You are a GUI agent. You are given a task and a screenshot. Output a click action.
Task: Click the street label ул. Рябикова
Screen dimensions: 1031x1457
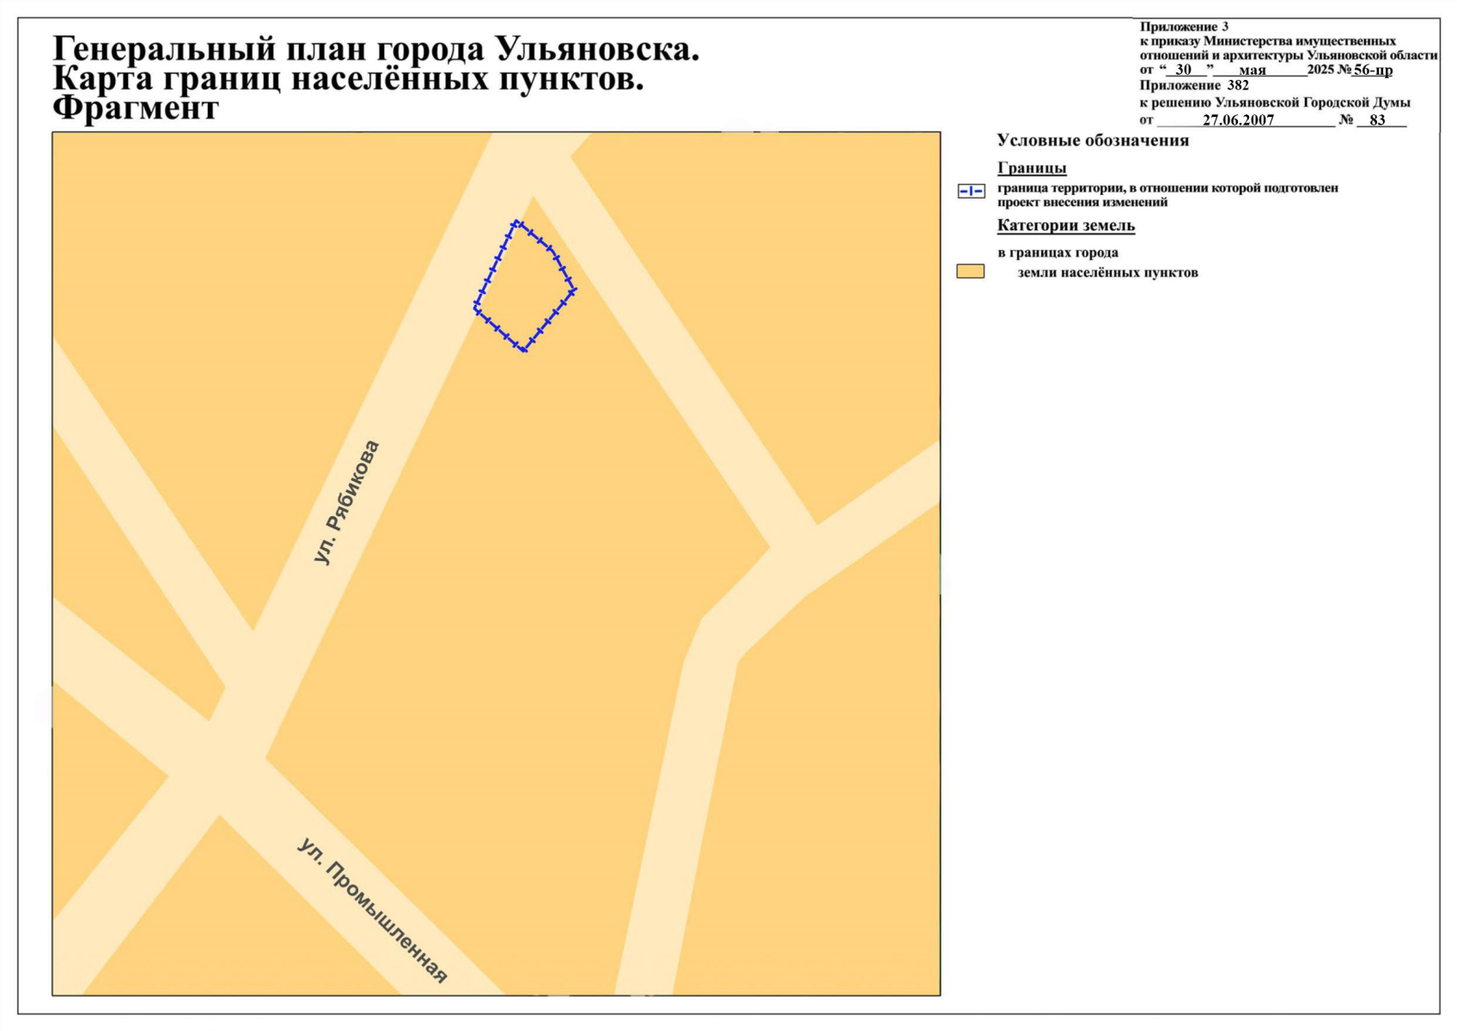point(347,503)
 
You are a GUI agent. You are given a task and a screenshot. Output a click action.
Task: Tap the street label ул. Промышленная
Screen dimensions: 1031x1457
point(373,910)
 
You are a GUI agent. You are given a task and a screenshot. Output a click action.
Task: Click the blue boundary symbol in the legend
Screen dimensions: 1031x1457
point(971,192)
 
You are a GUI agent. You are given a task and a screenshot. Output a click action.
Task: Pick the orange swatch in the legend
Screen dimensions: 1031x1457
point(970,271)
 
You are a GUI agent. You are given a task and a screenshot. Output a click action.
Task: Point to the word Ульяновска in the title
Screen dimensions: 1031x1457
point(597,50)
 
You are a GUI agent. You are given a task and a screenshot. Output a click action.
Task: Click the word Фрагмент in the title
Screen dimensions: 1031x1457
point(136,109)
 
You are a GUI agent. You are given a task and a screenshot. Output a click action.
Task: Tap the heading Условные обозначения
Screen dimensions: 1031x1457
point(1093,141)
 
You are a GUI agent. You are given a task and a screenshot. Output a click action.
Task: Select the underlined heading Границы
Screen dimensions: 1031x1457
point(1032,168)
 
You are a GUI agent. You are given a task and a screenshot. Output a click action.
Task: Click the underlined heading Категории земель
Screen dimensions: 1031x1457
point(1065,226)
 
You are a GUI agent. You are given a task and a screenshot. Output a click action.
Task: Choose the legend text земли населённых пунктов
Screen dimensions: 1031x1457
point(1107,273)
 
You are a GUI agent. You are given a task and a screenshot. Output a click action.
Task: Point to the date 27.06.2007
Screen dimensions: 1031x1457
point(1238,120)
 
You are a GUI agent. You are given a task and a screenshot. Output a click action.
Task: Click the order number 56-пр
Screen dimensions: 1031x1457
point(1373,70)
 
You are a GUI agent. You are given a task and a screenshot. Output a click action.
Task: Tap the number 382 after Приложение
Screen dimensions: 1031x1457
point(1238,86)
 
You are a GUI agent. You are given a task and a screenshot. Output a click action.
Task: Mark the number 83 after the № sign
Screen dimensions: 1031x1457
point(1378,120)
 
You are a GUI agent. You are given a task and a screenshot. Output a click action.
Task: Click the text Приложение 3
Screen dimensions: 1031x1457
point(1184,27)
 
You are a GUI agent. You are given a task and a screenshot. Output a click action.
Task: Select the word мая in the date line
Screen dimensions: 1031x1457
point(1253,70)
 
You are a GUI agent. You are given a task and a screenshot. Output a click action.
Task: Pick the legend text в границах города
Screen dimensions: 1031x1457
point(1058,253)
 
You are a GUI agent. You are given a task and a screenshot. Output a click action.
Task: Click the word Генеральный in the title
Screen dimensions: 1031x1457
point(163,50)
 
